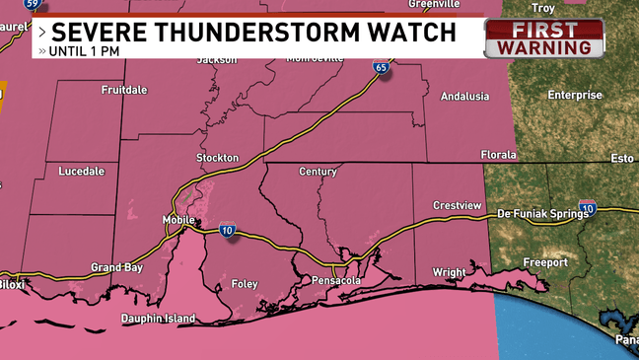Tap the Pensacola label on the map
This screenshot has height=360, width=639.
pos(336,281)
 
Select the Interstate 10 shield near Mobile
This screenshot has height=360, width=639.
pos(228,231)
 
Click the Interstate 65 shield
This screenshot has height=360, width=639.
pos(381,67)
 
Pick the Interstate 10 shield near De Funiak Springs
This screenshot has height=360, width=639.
pos(588,208)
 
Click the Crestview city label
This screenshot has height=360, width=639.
pos(457,205)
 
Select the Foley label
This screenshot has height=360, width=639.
pos(244,284)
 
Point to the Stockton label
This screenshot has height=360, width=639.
pos(217,158)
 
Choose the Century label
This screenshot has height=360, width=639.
pos(318,172)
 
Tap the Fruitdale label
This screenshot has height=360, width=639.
pos(124,90)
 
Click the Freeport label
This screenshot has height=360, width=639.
pos(545,263)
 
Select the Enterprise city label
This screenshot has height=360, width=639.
pos(575,96)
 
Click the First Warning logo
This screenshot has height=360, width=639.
pos(544,37)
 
